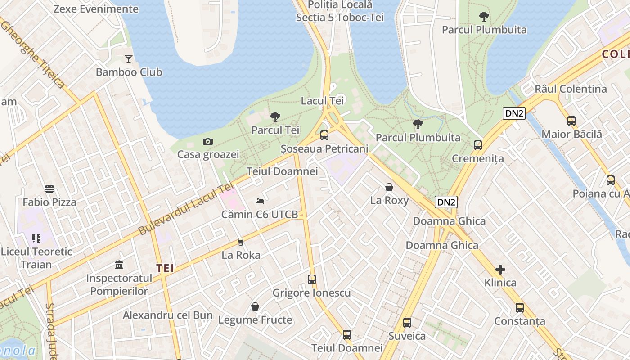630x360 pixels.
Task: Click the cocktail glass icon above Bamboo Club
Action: pyautogui.click(x=129, y=58)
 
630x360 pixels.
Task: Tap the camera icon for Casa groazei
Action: pyautogui.click(x=207, y=141)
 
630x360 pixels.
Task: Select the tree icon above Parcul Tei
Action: pyautogui.click(x=275, y=117)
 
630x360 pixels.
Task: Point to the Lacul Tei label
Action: pyautogui.click(x=322, y=101)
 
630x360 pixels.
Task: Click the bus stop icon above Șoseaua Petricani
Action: pyautogui.click(x=324, y=135)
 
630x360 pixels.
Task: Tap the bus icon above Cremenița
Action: pyautogui.click(x=478, y=145)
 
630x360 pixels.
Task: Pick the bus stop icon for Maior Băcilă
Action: pyautogui.click(x=571, y=121)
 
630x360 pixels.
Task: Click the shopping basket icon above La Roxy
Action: pyautogui.click(x=389, y=187)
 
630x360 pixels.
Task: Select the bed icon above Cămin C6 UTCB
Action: pyautogui.click(x=260, y=201)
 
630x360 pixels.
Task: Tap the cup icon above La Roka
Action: pyautogui.click(x=241, y=242)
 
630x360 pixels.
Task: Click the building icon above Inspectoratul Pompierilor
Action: pyautogui.click(x=119, y=265)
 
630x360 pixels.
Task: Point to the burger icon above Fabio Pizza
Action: pyautogui.click(x=49, y=189)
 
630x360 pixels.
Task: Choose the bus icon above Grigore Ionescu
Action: pyautogui.click(x=311, y=279)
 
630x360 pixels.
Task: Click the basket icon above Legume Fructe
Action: pyautogui.click(x=255, y=307)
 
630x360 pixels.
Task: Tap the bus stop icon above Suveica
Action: pyautogui.click(x=407, y=323)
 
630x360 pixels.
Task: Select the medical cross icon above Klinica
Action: pyautogui.click(x=500, y=270)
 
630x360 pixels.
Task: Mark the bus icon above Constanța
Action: pyautogui.click(x=520, y=308)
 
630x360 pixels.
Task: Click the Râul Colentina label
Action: pyautogui.click(x=571, y=89)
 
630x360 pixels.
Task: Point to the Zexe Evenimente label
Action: pyautogui.click(x=96, y=9)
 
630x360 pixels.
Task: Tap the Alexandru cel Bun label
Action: pyautogui.click(x=167, y=315)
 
